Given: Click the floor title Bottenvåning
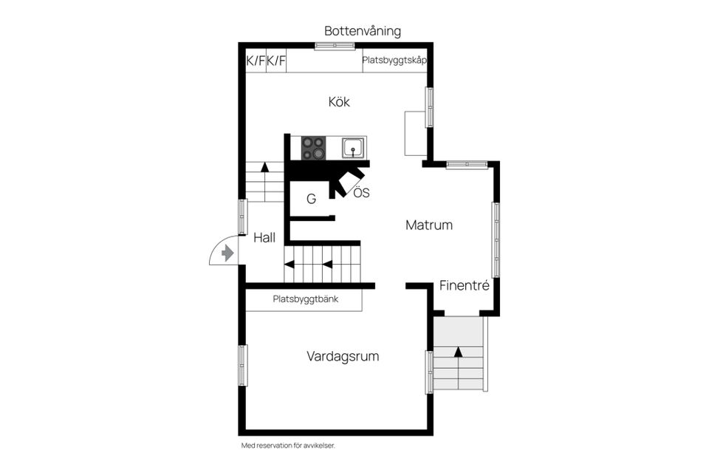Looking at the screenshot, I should tap(363, 31).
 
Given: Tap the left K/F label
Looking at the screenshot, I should tap(255, 61).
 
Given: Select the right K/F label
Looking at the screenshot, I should tap(276, 61).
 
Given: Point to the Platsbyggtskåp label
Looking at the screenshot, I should tap(394, 61).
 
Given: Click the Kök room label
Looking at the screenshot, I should tap(339, 102).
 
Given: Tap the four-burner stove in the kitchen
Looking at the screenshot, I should tap(313, 148).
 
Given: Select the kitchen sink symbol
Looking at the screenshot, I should tap(354, 148).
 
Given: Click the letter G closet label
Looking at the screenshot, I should tap(311, 199).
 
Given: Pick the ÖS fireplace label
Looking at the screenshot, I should tap(360, 194).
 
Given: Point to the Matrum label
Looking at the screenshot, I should tap(428, 225).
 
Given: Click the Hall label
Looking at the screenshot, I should tap(264, 238).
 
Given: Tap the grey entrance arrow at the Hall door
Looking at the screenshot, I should tap(227, 253).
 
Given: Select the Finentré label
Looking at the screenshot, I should tap(464, 285).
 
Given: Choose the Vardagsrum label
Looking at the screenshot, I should tap(343, 356).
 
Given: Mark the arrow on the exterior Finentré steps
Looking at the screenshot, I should tap(458, 352).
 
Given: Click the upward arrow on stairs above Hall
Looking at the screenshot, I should tap(264, 167).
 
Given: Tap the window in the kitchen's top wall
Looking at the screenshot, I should tap(335, 46).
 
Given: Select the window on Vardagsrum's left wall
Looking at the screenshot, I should tap(242, 365).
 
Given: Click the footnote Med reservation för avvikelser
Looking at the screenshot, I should tap(293, 446).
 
